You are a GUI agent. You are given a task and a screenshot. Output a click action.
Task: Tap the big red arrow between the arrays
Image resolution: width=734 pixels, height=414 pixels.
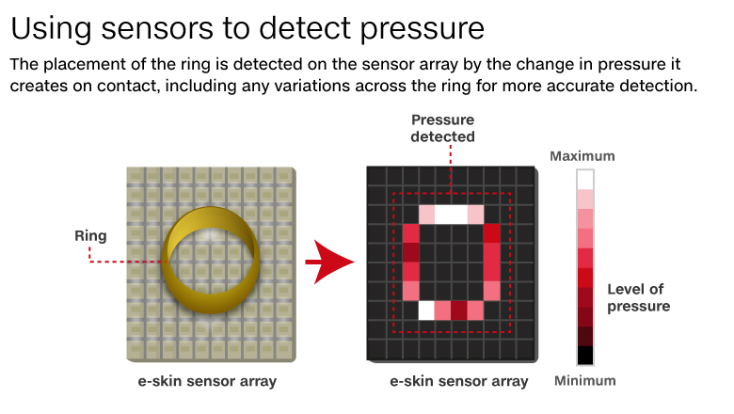click(329, 262)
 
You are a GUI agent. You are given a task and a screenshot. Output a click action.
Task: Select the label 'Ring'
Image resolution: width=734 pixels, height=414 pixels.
click(90, 236)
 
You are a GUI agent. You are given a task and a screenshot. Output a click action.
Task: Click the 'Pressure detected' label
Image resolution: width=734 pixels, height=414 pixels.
click(443, 128)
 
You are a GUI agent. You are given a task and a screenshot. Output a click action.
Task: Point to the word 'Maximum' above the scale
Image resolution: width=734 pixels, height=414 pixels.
click(582, 156)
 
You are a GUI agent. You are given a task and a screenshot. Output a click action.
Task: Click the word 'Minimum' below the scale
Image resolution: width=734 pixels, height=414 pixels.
click(584, 381)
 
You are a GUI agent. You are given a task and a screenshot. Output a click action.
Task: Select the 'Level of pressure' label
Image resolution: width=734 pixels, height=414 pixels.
click(639, 297)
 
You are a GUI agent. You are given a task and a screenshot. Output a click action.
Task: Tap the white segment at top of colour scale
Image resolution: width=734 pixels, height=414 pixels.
click(585, 180)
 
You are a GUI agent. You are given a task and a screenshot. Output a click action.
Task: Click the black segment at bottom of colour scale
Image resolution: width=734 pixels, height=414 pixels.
click(585, 355)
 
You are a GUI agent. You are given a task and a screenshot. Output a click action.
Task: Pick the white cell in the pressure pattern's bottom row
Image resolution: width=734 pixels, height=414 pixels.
click(426, 310)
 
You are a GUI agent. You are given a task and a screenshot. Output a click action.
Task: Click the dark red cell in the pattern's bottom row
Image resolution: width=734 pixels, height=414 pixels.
click(459, 310)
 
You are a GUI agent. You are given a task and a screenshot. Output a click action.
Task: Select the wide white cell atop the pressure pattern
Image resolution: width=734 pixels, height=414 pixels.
click(451, 215)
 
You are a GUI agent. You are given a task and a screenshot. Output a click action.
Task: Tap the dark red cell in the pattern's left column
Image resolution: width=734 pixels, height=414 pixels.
click(410, 252)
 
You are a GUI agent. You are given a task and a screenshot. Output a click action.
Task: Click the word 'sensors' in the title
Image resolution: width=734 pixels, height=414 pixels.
click(157, 28)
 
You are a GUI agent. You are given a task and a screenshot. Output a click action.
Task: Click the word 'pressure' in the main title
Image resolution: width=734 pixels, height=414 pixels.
click(423, 30)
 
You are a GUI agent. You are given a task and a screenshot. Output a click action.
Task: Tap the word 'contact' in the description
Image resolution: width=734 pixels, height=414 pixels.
click(127, 86)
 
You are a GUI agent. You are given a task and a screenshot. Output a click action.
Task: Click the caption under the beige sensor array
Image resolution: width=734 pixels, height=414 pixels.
click(207, 381)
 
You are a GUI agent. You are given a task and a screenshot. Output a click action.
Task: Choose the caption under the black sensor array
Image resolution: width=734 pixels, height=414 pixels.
click(459, 381)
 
